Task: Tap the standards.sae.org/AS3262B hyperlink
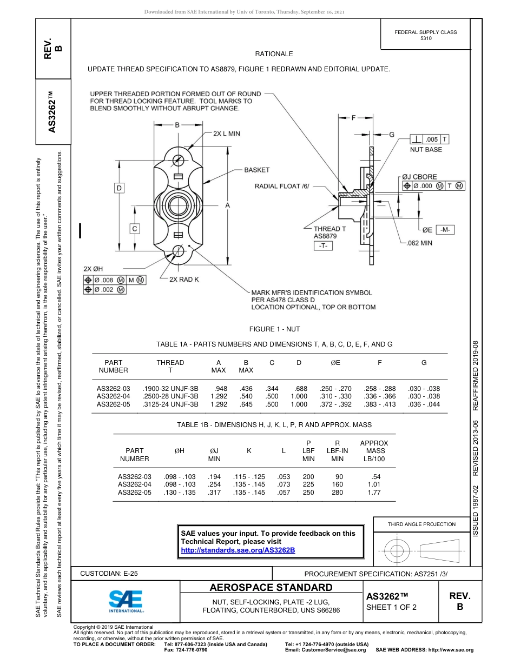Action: tap(238, 550)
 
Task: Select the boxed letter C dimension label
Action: tap(135, 228)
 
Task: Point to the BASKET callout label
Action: tap(256, 170)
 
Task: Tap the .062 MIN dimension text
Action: tap(419, 243)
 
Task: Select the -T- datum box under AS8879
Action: tap(324, 246)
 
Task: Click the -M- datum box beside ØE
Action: tap(446, 230)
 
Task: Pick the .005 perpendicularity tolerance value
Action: tap(431, 139)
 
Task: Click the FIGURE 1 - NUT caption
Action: tap(274, 329)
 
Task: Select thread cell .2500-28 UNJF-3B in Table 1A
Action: tap(170, 396)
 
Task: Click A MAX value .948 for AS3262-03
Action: tap(220, 389)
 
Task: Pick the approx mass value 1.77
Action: tap(374, 493)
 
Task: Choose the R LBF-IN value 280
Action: tap(337, 493)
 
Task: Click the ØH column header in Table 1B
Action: tap(179, 450)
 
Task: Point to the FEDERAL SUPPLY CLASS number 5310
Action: tap(426, 39)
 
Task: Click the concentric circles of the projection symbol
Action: tap(397, 551)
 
